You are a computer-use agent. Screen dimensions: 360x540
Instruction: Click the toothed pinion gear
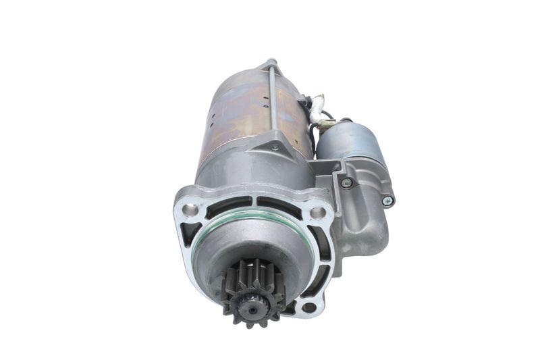click(252, 291)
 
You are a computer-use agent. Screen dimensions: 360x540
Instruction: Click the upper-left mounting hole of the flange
click(191, 209)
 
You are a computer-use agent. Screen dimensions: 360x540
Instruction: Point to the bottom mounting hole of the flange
click(309, 307)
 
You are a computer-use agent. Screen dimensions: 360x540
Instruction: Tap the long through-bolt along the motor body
click(271, 101)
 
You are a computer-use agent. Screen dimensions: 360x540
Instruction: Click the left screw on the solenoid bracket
click(347, 183)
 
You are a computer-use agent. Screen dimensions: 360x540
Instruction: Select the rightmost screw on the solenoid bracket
click(387, 201)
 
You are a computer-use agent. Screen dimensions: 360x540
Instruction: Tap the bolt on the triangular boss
click(275, 147)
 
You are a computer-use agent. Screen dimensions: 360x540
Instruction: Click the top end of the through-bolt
click(271, 62)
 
